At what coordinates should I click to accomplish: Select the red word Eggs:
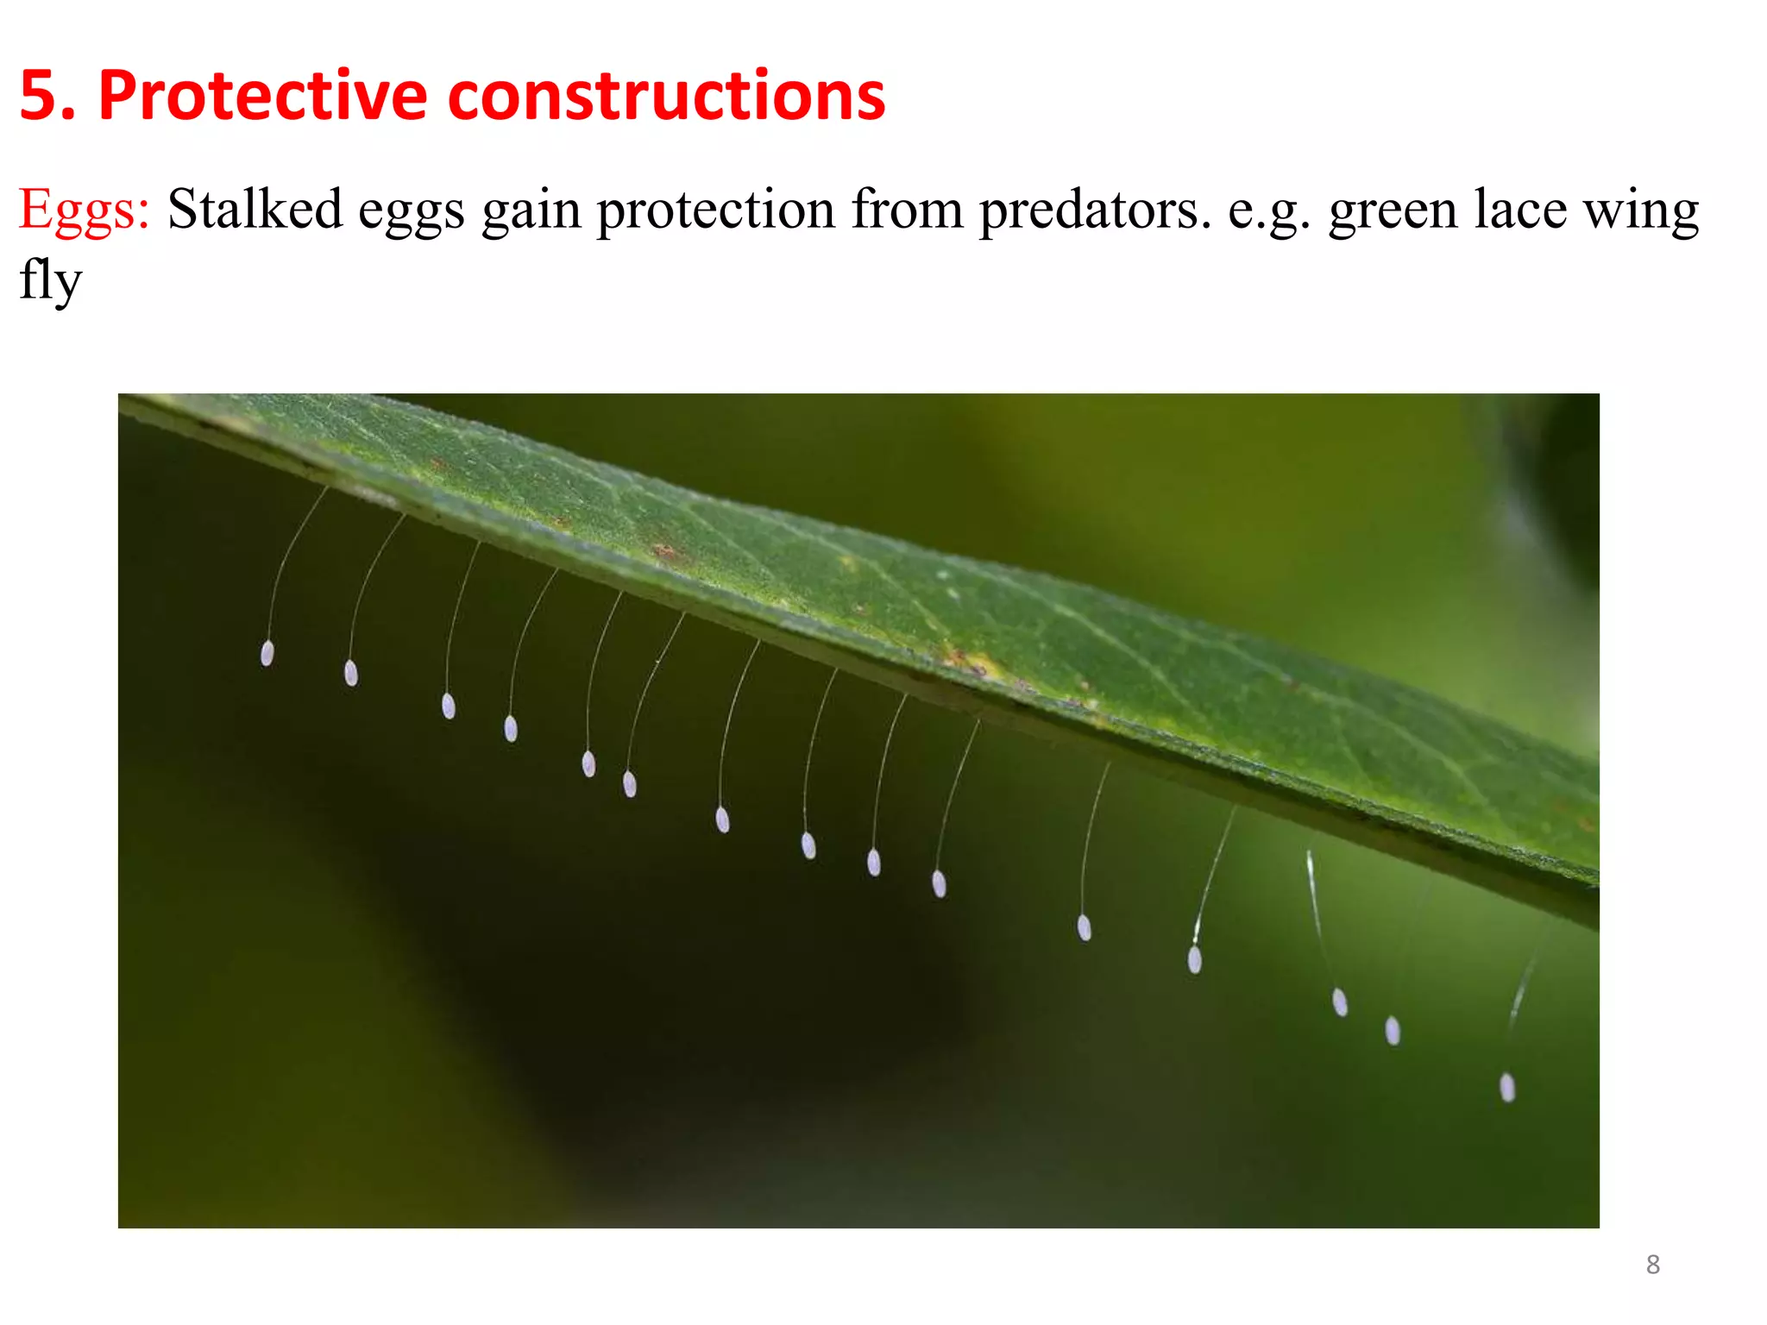click(x=85, y=210)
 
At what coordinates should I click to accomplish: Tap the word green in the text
click(x=1393, y=210)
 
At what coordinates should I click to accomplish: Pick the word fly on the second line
click(x=50, y=280)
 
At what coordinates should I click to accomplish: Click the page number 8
click(x=1652, y=1265)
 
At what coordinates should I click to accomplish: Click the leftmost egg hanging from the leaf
click(x=267, y=653)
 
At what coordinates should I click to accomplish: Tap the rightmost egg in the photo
click(x=1507, y=1087)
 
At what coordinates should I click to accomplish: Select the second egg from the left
click(x=351, y=672)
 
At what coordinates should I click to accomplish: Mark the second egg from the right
click(x=1393, y=1030)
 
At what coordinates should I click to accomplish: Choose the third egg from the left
click(x=449, y=706)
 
